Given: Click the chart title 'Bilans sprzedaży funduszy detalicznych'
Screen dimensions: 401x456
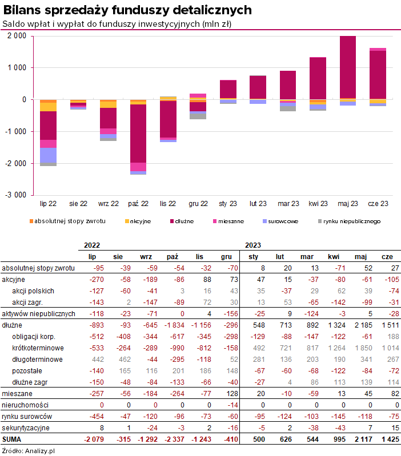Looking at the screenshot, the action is coord(127,10).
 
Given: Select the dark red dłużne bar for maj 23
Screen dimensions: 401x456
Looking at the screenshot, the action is coord(348,67).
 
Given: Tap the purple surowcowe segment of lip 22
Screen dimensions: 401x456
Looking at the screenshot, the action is coord(49,155).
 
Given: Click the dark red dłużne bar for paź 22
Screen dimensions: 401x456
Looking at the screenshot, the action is coord(138,134).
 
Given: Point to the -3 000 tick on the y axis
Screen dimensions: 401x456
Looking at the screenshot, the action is coord(16,195).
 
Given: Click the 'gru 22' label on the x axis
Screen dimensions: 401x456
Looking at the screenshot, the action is coord(198,204).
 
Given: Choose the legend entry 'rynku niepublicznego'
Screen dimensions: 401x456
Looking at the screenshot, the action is coord(349,221).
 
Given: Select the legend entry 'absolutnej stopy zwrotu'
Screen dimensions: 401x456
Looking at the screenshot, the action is coord(67,221).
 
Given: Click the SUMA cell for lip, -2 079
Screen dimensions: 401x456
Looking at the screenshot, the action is coord(94,439).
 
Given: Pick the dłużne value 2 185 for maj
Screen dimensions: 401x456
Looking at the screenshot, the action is coord(363,325).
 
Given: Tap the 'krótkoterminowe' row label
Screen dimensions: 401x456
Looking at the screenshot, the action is coord(38,348).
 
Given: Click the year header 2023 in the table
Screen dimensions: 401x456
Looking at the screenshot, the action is coord(253,245).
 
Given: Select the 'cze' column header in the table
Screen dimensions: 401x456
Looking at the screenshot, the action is coord(387,257).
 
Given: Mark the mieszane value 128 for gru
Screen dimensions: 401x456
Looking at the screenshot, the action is coord(232,393).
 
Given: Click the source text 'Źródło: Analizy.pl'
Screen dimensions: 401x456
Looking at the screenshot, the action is coord(28,451).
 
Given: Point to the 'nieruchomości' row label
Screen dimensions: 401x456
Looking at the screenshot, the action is coord(25,405).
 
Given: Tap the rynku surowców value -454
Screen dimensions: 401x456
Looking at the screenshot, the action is coord(97,417).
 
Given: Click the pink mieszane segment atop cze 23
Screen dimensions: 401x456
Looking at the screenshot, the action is coord(378,50).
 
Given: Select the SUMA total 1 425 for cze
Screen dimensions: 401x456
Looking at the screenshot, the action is coord(391,439).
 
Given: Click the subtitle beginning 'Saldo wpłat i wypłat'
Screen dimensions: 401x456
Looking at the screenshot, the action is coord(117,24).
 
